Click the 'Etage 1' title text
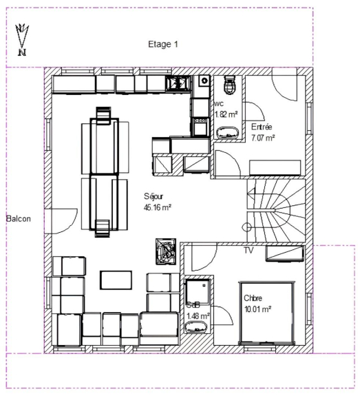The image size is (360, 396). pos(163,45)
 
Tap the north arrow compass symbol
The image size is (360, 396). pos(22,40)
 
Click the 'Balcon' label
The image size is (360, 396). pos(19,219)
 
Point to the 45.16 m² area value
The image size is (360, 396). pos(158,207)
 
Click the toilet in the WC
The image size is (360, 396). pos(229,85)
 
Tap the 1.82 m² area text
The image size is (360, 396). pos(226,114)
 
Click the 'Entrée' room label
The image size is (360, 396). pos(262,127)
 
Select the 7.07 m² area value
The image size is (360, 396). pos(263,138)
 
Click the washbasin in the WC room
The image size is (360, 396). pos(228,133)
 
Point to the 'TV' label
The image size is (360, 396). pos(248,251)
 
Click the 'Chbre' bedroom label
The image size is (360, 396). pos(253,298)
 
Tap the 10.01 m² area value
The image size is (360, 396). pos(257,309)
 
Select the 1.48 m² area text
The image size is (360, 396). pos(198,316)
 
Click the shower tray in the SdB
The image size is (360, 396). pos(198,291)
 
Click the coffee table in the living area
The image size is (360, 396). pos(116,280)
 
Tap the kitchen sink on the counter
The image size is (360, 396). pos(177,83)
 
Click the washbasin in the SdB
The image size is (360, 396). pos(196,327)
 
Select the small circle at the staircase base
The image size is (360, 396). pos(246,227)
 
